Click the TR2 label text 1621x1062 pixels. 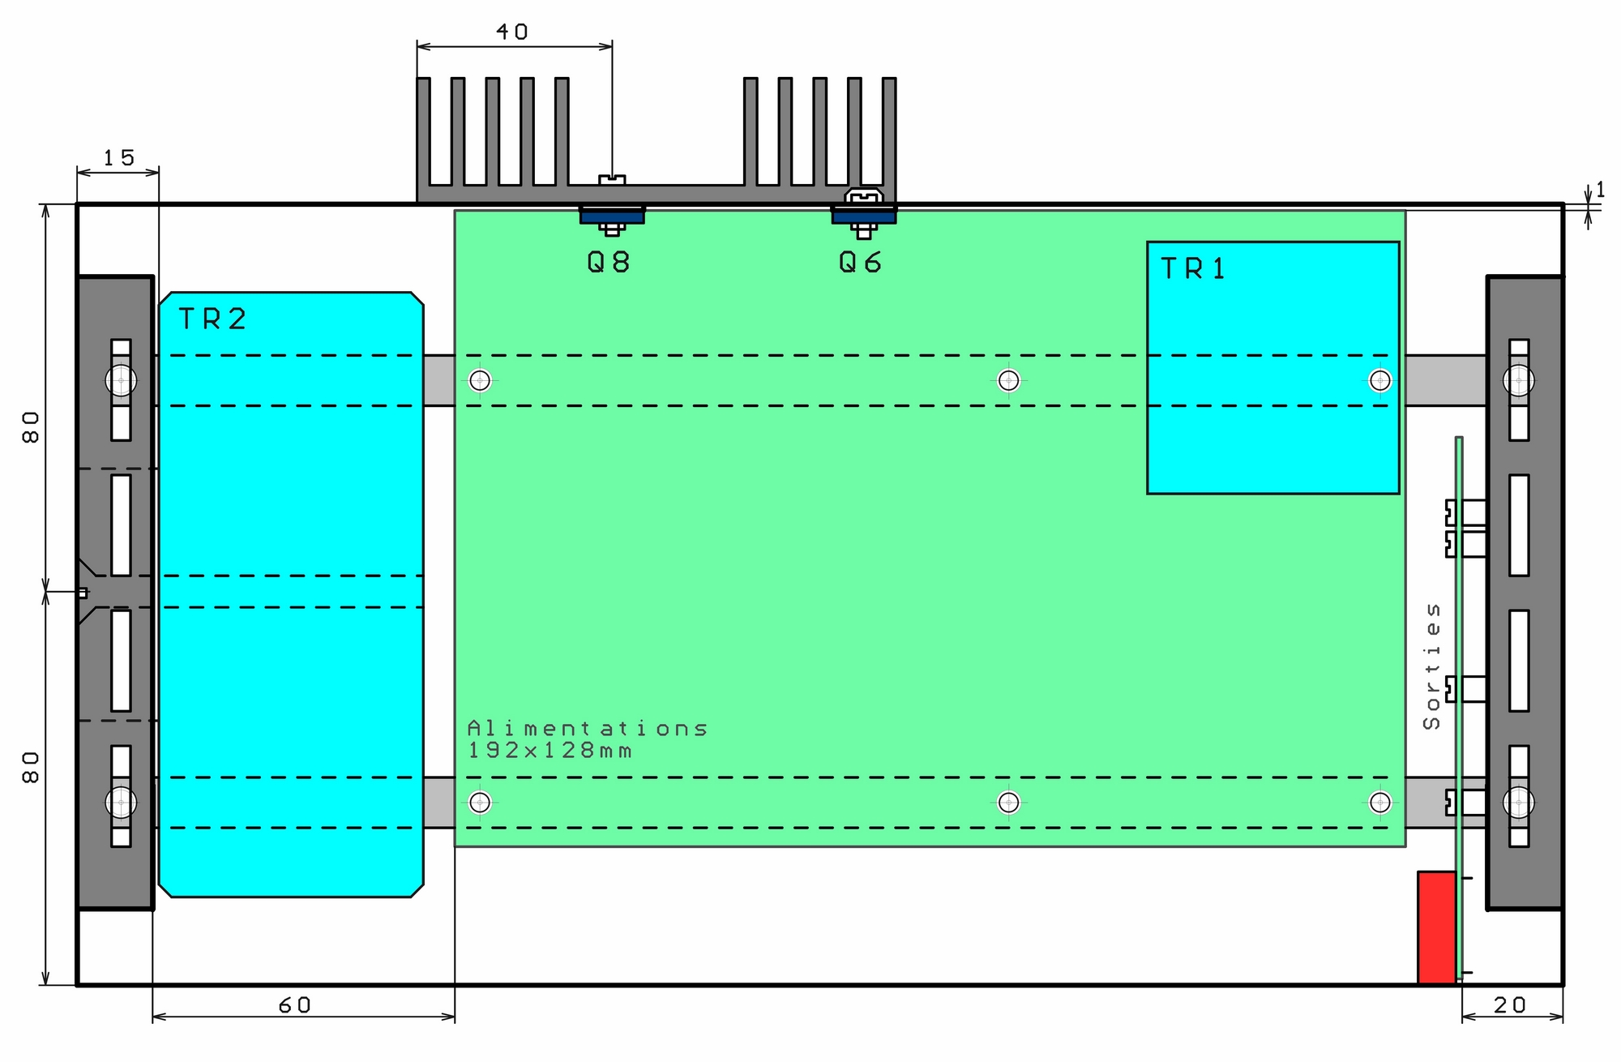point(212,319)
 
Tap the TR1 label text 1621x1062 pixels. point(1193,269)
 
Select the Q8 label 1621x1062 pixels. point(609,263)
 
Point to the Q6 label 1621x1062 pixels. point(860,263)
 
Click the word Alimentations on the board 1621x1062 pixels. point(588,729)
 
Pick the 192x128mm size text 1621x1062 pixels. point(550,751)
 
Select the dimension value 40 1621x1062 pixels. point(512,32)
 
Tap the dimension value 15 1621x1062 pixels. point(119,158)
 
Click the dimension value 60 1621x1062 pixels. point(295,1005)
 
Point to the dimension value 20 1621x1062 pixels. point(1510,1005)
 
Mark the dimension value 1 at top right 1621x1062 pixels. point(1600,190)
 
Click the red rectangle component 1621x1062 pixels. point(1436,927)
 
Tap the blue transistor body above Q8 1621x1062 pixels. point(612,216)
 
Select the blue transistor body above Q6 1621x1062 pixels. point(864,216)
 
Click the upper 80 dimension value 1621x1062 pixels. point(31,426)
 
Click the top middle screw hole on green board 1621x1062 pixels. point(1008,380)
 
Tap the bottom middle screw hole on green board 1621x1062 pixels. point(1008,803)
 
